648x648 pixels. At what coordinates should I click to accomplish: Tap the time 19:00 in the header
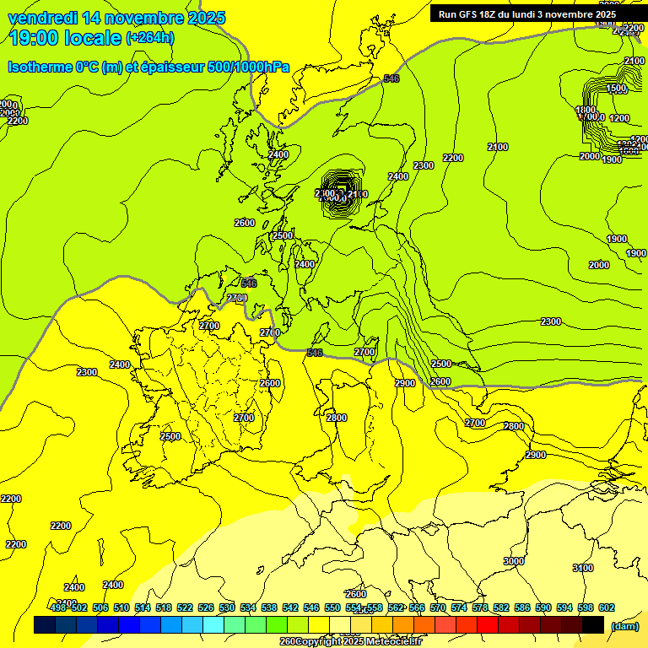35,37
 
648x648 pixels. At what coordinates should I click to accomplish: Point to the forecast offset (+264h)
150,37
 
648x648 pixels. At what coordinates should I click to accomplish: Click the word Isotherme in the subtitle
39,67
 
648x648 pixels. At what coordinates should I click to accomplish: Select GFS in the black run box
473,14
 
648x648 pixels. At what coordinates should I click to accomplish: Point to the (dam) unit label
624,626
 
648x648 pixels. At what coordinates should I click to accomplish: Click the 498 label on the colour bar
58,607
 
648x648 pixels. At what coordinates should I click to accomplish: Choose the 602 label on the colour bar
607,607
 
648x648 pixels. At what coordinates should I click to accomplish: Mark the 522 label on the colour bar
185,607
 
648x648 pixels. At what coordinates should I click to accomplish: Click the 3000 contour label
513,561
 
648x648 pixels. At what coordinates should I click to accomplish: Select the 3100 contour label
583,568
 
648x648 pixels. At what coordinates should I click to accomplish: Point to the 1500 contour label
617,88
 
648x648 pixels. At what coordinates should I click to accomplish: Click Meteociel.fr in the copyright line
393,642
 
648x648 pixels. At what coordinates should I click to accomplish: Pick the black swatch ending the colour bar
593,625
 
